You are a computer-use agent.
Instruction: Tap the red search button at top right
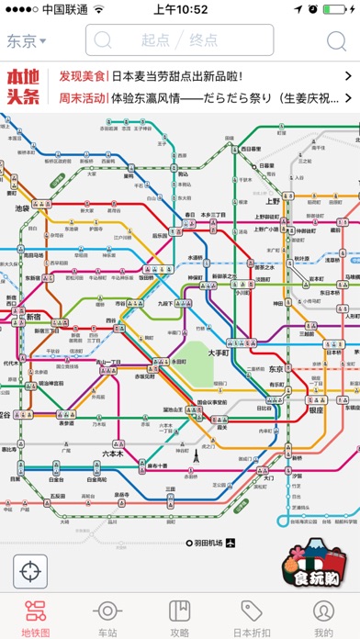point(334,40)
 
